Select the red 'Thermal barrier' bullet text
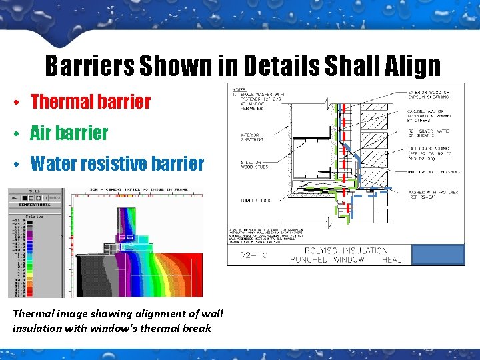[91, 101]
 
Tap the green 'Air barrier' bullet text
[69, 132]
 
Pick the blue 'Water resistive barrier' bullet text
[117, 163]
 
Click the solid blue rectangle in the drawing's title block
[437, 255]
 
